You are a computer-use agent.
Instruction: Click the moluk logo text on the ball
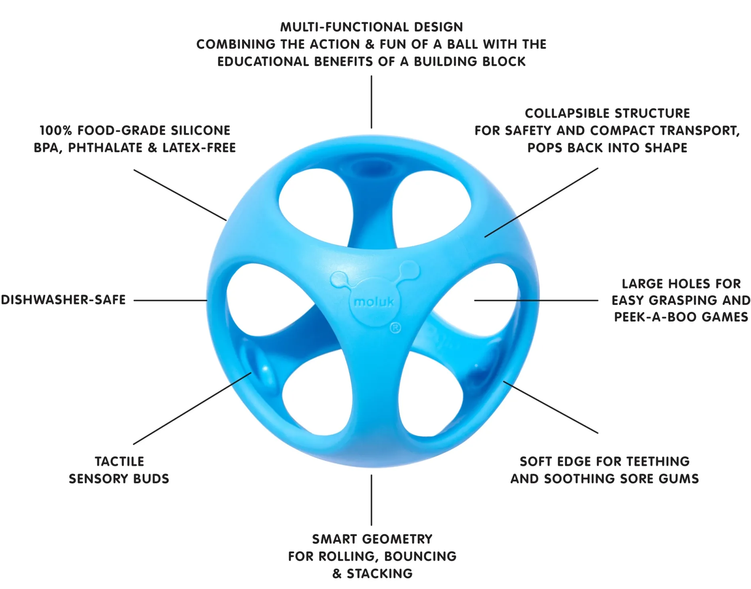click(374, 302)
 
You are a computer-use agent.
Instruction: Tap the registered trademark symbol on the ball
click(395, 328)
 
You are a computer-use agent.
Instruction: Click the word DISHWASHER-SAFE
click(63, 300)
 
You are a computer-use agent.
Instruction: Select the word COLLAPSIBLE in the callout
click(566, 113)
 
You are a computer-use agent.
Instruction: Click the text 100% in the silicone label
click(56, 130)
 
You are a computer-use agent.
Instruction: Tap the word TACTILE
click(119, 461)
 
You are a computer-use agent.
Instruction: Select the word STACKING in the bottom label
click(379, 573)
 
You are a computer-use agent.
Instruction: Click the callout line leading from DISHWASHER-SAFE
click(171, 300)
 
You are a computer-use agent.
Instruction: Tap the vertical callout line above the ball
click(372, 102)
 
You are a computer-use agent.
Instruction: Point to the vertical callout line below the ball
click(372, 500)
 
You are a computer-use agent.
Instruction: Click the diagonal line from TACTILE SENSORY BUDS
click(192, 408)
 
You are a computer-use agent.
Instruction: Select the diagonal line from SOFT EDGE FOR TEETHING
click(551, 407)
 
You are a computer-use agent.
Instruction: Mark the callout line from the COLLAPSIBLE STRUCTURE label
click(541, 203)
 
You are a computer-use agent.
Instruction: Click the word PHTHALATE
click(105, 148)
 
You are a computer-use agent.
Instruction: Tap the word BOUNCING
click(421, 556)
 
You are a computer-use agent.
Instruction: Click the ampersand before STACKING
click(337, 573)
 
